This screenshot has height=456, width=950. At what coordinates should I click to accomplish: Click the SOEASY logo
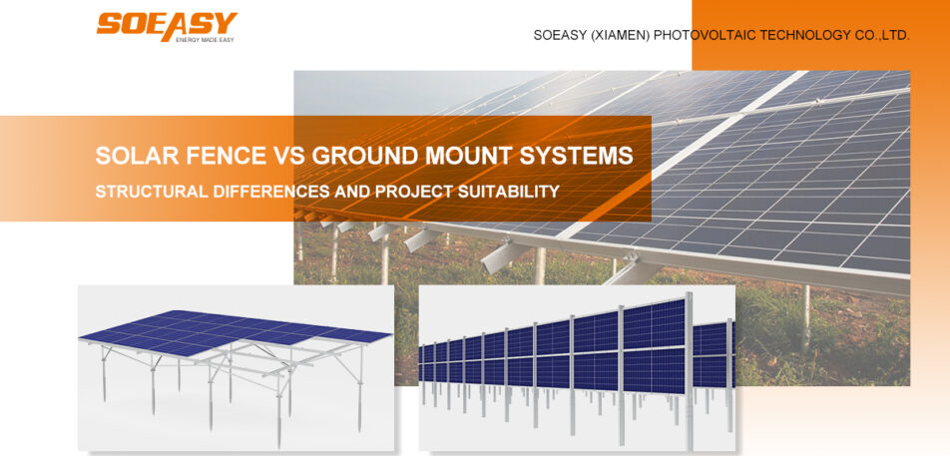pyautogui.click(x=166, y=23)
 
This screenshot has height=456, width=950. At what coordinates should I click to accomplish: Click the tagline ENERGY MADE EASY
pyautogui.click(x=205, y=39)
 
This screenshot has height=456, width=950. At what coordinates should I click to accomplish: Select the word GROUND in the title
pyautogui.click(x=361, y=157)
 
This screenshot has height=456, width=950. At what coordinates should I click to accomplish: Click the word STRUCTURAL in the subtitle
pyautogui.click(x=152, y=191)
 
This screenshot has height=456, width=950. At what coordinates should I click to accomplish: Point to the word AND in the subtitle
pyautogui.click(x=354, y=191)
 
